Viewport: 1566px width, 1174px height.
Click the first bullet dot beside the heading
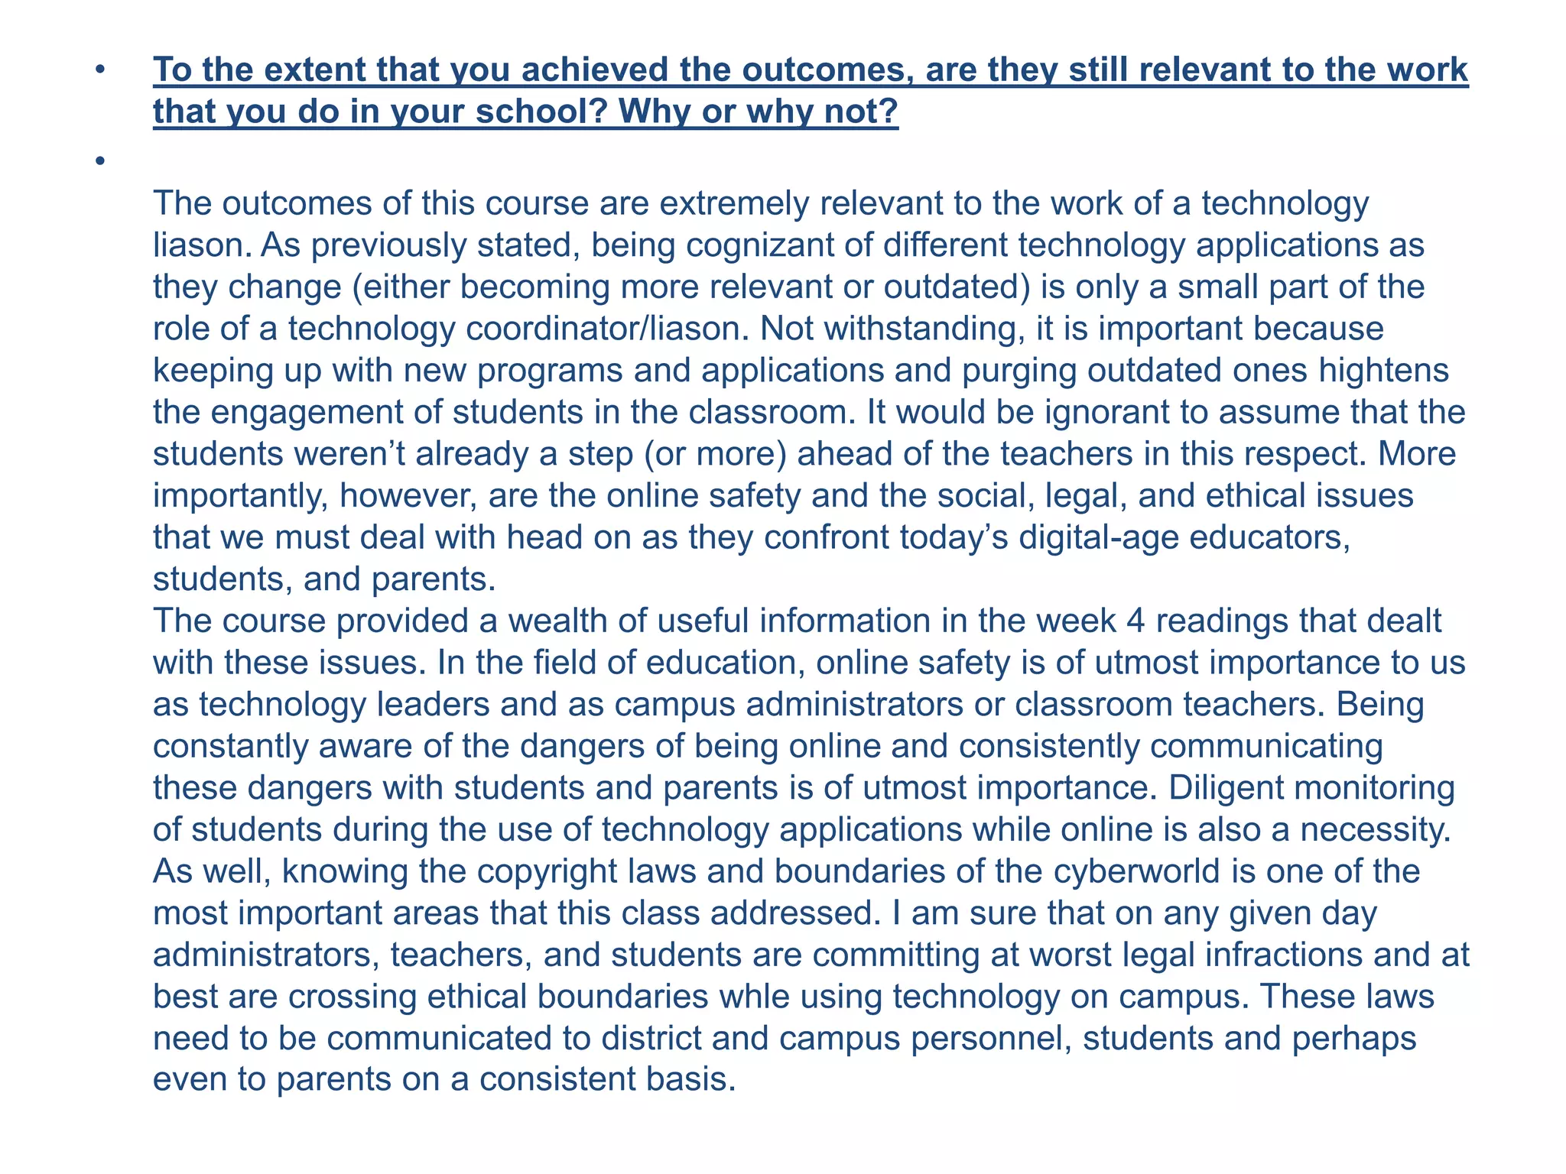pyautogui.click(x=99, y=70)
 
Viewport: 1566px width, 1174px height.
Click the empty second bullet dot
pyautogui.click(x=99, y=161)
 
